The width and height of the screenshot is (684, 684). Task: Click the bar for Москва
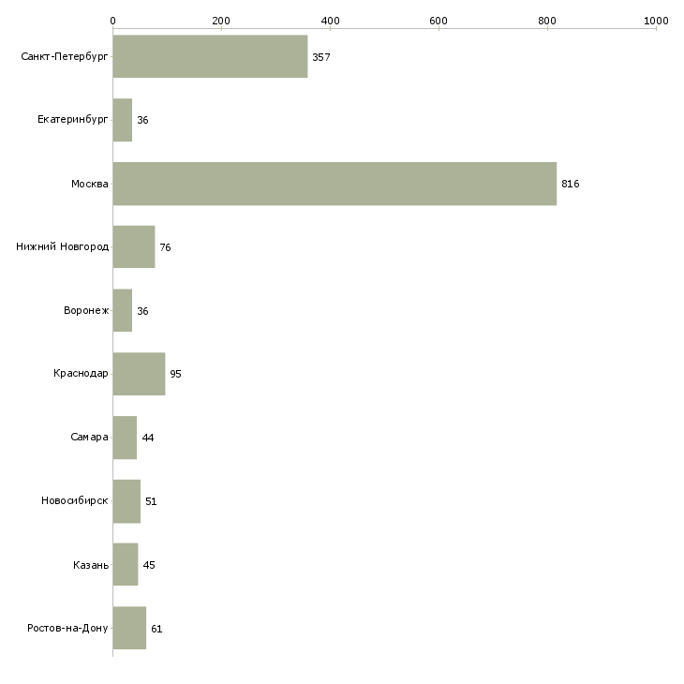[335, 184]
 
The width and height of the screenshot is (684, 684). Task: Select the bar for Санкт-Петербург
[210, 56]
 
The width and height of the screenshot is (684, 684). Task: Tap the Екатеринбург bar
[123, 120]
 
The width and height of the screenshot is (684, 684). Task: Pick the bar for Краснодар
[140, 374]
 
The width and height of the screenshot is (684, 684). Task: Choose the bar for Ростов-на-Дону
[129, 628]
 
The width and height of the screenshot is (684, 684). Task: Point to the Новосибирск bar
[126, 501]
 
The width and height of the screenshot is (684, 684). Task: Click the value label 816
[570, 184]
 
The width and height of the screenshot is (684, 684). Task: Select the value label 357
[321, 57]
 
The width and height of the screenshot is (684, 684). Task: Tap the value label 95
[175, 374]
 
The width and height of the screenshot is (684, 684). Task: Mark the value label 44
[148, 438]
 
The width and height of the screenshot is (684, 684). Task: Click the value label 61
[156, 629]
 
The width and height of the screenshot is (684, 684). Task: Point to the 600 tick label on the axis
[439, 21]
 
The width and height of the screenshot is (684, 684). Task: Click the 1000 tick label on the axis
[656, 21]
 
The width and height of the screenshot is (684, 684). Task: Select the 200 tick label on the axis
[221, 21]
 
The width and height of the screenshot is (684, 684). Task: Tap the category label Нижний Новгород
[63, 246]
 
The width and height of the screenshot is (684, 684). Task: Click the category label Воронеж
[86, 310]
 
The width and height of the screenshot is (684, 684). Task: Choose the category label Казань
[91, 565]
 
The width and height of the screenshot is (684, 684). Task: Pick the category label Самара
[89, 437]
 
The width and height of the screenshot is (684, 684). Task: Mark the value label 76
[165, 247]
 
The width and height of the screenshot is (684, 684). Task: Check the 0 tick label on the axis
[113, 21]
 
